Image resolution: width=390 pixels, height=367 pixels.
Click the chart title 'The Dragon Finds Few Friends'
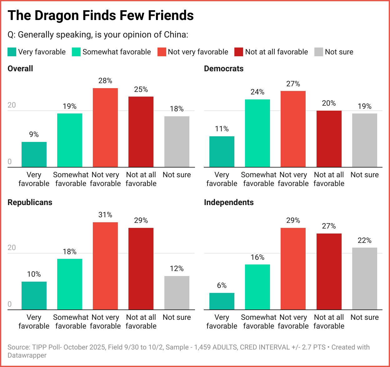[x=101, y=15]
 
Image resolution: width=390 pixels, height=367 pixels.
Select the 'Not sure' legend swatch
[x=318, y=52]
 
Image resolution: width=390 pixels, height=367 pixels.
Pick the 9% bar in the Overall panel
[x=34, y=154]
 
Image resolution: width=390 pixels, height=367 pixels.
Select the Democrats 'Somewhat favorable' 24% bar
[x=257, y=133]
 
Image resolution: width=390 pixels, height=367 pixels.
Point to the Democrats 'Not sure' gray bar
[x=364, y=140]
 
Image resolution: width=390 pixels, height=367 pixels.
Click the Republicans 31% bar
[x=105, y=266]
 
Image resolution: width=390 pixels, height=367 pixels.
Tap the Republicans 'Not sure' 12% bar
[x=177, y=293]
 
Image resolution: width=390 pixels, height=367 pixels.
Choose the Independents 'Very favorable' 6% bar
[x=222, y=301]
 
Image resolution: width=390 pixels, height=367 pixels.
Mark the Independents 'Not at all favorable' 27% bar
[x=329, y=271]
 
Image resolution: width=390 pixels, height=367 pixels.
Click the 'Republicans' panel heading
[x=30, y=202]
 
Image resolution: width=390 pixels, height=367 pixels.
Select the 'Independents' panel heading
[x=229, y=202]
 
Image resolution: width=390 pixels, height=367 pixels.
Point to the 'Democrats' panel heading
[x=224, y=68]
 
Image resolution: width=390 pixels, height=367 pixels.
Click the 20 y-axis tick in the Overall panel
[x=12, y=105]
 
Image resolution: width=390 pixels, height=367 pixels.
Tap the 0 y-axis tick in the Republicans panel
[x=9, y=304]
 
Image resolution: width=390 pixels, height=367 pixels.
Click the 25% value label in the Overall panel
[x=141, y=90]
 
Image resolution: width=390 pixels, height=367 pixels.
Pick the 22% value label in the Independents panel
[x=364, y=240]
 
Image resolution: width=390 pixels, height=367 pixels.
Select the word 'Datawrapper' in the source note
[x=27, y=355]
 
